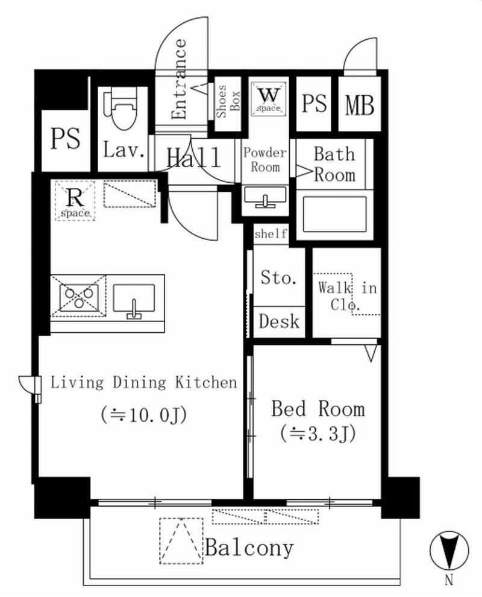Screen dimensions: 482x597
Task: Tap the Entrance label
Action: pos(179,79)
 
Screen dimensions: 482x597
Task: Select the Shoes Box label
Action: pos(228,101)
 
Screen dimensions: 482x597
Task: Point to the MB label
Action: pos(360,105)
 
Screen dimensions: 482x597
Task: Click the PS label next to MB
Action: pos(314,103)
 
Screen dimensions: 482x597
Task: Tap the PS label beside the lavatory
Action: pos(66,138)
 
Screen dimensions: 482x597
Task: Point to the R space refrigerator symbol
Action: pos(75,201)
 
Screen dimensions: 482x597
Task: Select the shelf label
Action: pos(271,233)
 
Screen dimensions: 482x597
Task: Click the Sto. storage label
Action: pos(278,277)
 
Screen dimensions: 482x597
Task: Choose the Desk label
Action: pos(279,322)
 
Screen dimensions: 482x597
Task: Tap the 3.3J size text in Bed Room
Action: pos(318,434)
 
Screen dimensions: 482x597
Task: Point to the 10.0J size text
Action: pos(144,415)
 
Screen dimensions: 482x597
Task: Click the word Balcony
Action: pos(249,548)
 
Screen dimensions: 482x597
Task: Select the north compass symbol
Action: pos(449,550)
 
